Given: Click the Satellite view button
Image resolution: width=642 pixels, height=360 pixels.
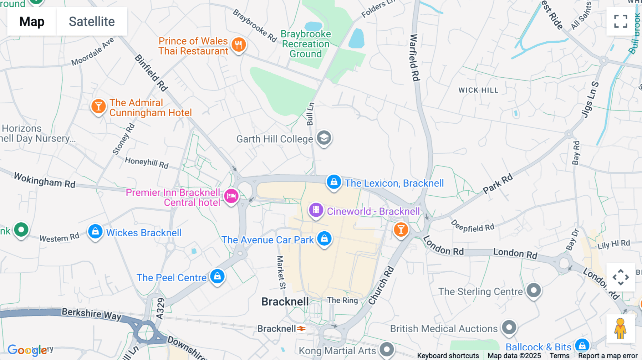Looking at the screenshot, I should pos(92,21).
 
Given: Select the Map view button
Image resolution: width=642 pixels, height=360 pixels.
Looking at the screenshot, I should pos(32,21).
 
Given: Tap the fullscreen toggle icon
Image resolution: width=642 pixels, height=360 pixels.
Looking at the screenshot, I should pos(621,21).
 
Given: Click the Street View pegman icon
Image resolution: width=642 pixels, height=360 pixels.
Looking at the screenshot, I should pos(620,329).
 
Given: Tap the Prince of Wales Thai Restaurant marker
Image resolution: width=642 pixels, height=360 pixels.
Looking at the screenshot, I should pos(239,45).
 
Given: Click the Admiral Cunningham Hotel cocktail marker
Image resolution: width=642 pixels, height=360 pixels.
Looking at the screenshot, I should pos(98,106).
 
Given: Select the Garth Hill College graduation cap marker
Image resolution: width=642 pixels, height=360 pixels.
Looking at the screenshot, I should pos(324,138).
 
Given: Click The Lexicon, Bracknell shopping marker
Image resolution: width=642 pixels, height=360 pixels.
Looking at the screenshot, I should pos(334,182).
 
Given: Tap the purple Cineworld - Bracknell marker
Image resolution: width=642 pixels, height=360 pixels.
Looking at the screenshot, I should pos(316,210).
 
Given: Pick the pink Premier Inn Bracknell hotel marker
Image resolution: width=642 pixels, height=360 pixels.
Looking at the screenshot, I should pos(231,196).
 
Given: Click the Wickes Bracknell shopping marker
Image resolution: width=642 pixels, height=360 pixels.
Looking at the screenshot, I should pos(95,232).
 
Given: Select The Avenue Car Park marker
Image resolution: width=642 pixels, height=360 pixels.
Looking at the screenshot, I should pos(324,238).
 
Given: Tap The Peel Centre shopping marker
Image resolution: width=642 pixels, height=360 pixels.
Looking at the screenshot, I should pos(217,276).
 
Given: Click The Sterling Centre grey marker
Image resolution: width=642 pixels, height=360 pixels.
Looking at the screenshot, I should pos(534,290).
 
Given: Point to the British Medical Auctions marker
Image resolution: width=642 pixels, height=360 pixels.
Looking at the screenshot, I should pos(509,327).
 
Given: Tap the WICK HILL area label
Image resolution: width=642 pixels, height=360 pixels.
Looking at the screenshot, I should pos(478,90).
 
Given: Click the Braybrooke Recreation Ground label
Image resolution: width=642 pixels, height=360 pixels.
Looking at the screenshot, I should pos(306,44).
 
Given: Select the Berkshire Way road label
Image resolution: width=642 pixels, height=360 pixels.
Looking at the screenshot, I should pos(91,314).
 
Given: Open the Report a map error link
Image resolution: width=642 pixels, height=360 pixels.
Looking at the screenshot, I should pos(608,356).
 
